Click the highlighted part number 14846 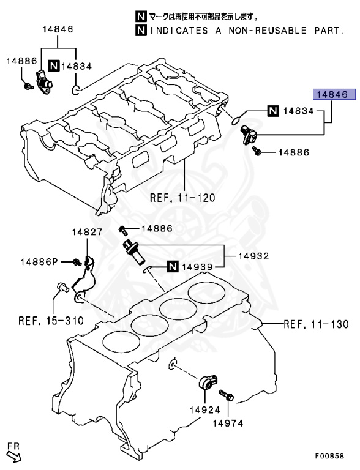[x=331, y=95]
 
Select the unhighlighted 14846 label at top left [x=58, y=29]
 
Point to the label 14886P [x=38, y=262]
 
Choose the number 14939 [x=197, y=266]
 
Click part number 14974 [x=228, y=422]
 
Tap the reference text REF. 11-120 [x=179, y=198]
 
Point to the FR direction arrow [x=14, y=453]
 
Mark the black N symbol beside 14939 [x=172, y=266]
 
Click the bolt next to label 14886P [x=77, y=263]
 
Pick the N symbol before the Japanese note [x=141, y=17]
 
